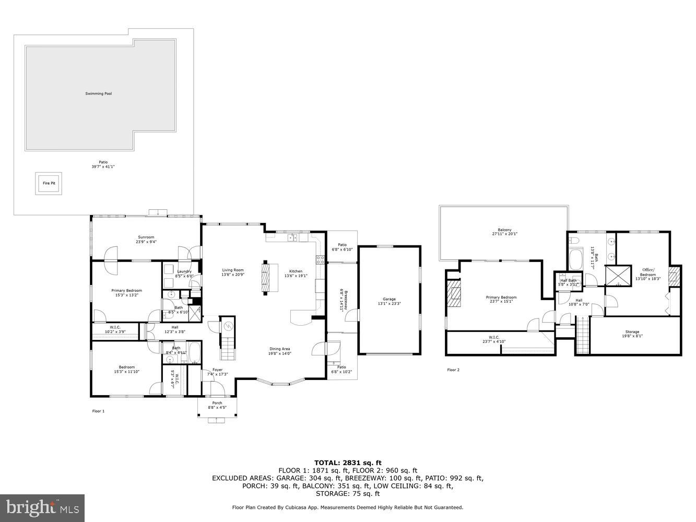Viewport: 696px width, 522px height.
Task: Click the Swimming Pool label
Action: (99, 94)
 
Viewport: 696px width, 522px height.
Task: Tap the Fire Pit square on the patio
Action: (49, 184)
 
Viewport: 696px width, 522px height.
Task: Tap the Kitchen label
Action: (296, 271)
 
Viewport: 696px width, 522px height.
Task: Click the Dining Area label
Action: (280, 349)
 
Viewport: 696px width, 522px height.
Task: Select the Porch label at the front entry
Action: (217, 403)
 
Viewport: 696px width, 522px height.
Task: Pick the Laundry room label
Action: (184, 271)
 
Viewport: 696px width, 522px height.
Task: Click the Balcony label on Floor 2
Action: (504, 230)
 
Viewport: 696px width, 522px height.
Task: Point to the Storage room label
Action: (632, 332)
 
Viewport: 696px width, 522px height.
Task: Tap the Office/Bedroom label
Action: (648, 272)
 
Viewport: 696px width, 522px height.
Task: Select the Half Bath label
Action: (568, 280)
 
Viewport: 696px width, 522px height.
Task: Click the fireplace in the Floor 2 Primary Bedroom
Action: (454, 295)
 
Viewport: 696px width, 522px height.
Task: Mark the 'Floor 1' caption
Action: (98, 411)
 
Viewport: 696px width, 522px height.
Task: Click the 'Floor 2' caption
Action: (453, 370)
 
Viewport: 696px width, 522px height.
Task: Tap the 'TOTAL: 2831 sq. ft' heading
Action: (348, 462)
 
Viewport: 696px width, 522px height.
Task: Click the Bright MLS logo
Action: (43, 507)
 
